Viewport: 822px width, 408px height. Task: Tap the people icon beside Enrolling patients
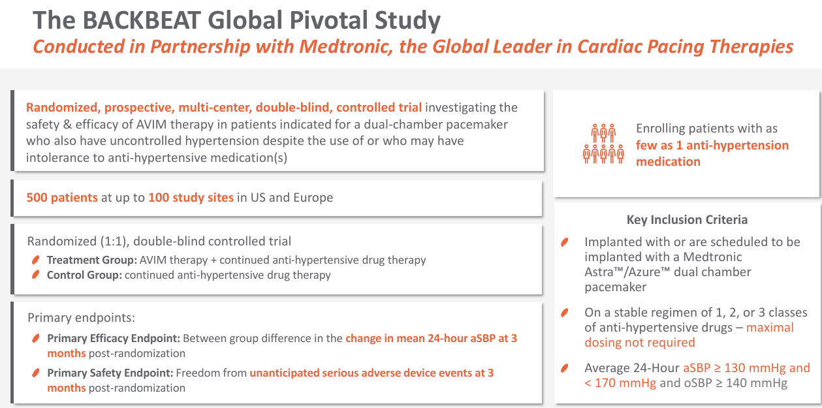[x=603, y=143]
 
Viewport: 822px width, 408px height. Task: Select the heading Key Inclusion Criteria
[x=687, y=219]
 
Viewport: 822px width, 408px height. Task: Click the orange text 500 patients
[x=62, y=197]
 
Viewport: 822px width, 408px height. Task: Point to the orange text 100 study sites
[x=191, y=197]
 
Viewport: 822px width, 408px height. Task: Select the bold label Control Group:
[x=84, y=275]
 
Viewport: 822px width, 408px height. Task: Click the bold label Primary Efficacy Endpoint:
[x=114, y=339]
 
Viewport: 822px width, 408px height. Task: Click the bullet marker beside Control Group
[x=36, y=275]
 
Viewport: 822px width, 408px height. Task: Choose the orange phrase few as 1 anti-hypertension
[x=712, y=145]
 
